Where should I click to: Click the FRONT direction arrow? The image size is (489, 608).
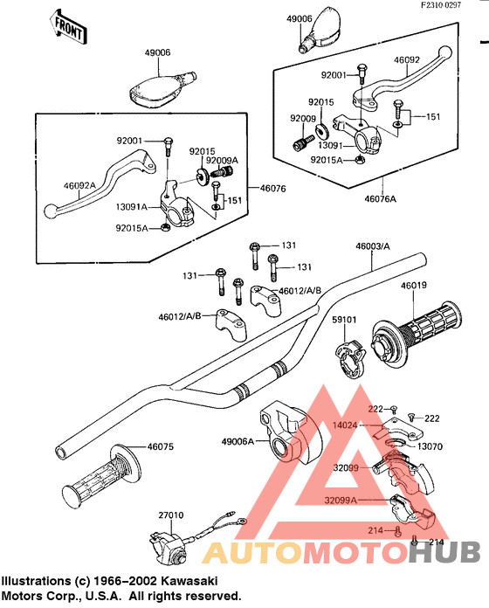[x=68, y=26]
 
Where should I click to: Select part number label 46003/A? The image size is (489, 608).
[x=373, y=246]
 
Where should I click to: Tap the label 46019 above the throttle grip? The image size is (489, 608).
[x=413, y=286]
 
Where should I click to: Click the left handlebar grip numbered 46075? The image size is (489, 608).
[x=100, y=475]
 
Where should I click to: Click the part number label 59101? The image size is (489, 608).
[x=344, y=320]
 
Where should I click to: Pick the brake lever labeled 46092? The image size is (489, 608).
[x=403, y=79]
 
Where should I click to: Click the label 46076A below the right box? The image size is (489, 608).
[x=380, y=199]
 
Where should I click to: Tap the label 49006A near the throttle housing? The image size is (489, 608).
[x=238, y=441]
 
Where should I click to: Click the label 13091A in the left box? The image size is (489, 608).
[x=131, y=207]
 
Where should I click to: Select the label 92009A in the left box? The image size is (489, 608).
[x=222, y=160]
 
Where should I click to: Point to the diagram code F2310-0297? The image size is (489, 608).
[x=441, y=5]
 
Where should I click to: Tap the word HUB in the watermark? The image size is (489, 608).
[x=444, y=552]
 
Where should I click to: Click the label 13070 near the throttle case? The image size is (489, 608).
[x=430, y=446]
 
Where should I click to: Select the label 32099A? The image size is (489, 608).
[x=341, y=501]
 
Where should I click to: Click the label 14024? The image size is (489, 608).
[x=344, y=425]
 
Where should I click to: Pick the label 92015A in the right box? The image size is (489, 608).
[x=327, y=160]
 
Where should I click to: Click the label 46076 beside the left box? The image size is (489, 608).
[x=272, y=189]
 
